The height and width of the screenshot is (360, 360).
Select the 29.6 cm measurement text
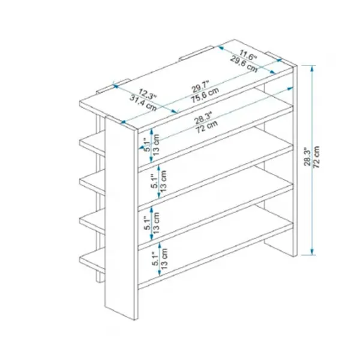point(244,64)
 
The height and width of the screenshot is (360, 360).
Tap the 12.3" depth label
point(148,94)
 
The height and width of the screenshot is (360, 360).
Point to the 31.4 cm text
point(143,103)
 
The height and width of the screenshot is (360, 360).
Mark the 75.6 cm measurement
point(205,95)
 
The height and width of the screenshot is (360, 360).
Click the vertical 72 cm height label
point(317,157)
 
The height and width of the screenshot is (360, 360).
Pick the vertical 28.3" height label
point(307,156)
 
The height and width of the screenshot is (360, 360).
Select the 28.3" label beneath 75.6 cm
point(203,118)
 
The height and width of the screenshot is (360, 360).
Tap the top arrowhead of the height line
point(312,68)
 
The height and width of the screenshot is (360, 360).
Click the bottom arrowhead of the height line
point(312,251)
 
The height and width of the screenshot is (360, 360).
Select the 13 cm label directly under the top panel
point(157,145)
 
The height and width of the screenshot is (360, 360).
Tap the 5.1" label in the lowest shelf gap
point(155,259)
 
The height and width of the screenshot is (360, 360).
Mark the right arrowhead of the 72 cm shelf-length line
point(290,88)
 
